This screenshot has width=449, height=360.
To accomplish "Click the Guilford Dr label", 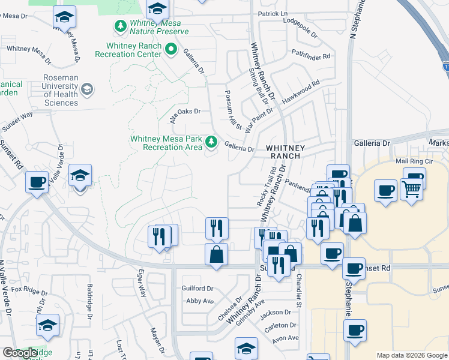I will [x=197, y=289].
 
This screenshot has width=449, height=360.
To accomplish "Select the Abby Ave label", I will [x=200, y=301].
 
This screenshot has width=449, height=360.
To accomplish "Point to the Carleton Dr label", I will [x=282, y=325].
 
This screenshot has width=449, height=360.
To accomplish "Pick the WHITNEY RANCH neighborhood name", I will [x=286, y=151].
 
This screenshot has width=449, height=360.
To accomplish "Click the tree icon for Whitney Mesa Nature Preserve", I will [x=120, y=25].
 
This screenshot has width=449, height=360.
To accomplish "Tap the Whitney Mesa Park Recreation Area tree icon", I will [x=211, y=142].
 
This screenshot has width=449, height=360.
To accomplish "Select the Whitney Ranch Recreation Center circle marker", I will [x=171, y=49].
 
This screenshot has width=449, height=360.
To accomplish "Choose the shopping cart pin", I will [x=411, y=189].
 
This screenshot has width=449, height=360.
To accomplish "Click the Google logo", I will [x=20, y=353].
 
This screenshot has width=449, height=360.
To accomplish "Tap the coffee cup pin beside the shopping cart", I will [x=385, y=190].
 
